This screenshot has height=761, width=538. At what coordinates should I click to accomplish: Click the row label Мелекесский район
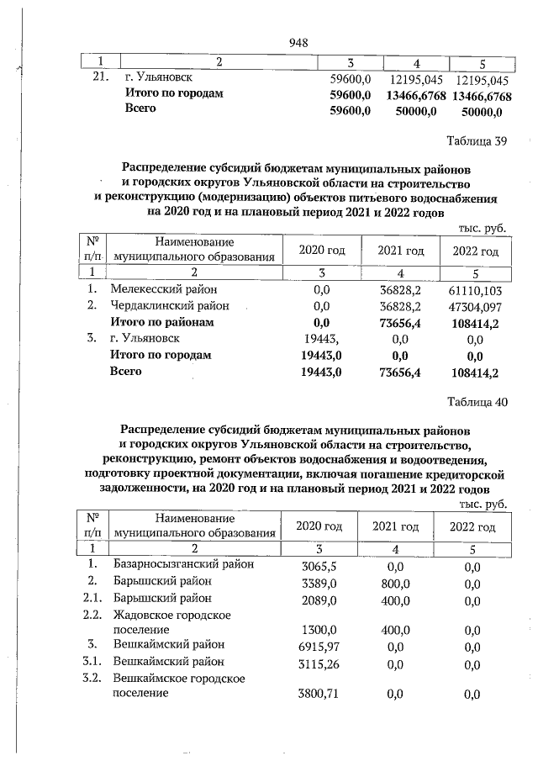coord(163,288)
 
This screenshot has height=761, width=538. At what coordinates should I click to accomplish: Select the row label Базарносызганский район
coord(183,564)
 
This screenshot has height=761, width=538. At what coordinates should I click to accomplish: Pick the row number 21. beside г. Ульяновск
coord(100,78)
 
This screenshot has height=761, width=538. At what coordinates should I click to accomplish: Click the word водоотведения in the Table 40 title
coord(442,459)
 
